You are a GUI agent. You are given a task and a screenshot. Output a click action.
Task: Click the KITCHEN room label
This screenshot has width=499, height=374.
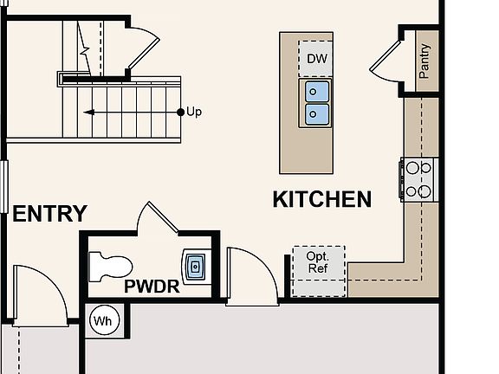[322, 199]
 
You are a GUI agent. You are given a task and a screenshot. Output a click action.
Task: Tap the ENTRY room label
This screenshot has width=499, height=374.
[50, 213]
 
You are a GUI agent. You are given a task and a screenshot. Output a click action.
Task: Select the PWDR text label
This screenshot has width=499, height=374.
[152, 287]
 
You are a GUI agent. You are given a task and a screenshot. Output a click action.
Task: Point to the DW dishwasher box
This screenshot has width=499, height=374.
[316, 59]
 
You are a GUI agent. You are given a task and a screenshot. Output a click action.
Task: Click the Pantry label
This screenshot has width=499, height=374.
[424, 61]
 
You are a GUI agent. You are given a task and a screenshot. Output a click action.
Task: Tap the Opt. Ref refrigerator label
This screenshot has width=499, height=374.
[318, 262]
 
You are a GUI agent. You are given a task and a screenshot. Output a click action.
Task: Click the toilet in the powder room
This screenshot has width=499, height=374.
[110, 267]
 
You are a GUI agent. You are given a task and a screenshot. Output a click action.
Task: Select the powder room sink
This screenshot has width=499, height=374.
[195, 266]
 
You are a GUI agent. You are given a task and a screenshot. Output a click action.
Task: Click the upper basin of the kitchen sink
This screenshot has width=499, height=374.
[316, 92]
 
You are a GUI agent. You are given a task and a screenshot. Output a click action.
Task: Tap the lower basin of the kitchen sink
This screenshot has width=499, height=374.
[316, 114]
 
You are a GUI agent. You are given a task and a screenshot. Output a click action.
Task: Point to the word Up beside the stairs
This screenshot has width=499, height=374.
[194, 112]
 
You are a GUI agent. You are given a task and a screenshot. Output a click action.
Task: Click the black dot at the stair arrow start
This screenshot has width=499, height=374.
[180, 112]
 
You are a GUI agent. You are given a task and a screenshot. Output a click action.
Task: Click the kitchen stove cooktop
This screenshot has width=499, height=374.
[419, 180]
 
